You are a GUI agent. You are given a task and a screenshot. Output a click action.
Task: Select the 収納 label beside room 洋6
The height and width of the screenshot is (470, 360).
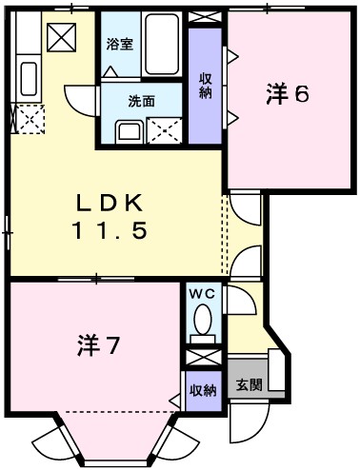tap(205, 85)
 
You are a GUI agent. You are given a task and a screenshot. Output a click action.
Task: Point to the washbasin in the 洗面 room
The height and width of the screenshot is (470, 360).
tap(128, 129)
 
